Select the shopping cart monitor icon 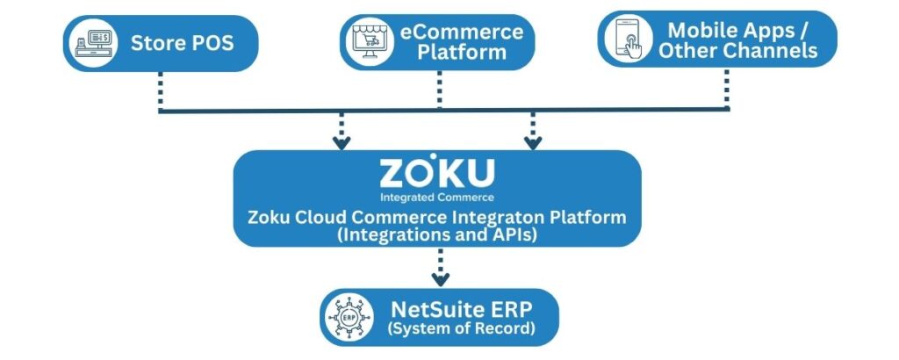(x=369, y=42)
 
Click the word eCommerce (x=462, y=32)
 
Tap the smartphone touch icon (x=627, y=39)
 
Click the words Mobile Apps (x=737, y=29)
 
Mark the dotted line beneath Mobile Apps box (x=727, y=88)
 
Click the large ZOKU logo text (x=436, y=171)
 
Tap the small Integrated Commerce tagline (x=436, y=197)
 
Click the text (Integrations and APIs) (x=436, y=234)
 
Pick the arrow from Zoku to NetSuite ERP (x=440, y=268)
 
